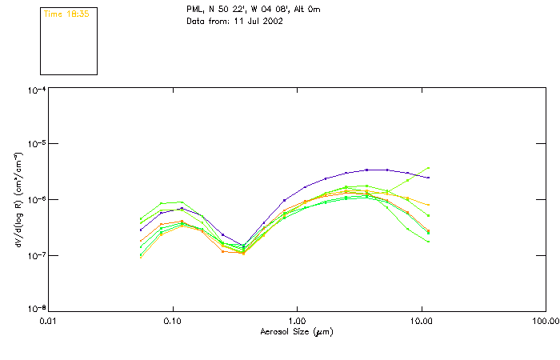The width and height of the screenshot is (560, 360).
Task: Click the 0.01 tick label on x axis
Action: pyautogui.click(x=48, y=320)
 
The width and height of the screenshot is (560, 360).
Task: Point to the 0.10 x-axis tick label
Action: pyautogui.click(x=172, y=320)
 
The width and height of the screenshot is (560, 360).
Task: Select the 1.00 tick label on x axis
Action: pyautogui.click(x=297, y=320)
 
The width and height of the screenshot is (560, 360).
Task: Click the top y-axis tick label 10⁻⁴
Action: pyautogui.click(x=34, y=90)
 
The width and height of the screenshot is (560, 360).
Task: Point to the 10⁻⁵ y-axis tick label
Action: pyautogui.click(x=34, y=145)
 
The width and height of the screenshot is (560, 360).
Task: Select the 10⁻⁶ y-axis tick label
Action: pyautogui.click(x=34, y=200)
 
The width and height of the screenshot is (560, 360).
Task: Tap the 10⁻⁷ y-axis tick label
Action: pyautogui.click(x=34, y=255)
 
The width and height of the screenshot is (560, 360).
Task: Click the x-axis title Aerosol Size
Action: pyautogui.click(x=296, y=331)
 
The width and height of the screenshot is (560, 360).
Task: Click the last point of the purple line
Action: pyautogui.click(x=428, y=178)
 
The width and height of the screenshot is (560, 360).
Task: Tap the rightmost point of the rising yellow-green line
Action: pyautogui.click(x=428, y=168)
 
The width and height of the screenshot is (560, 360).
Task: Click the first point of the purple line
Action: pyautogui.click(x=141, y=230)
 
